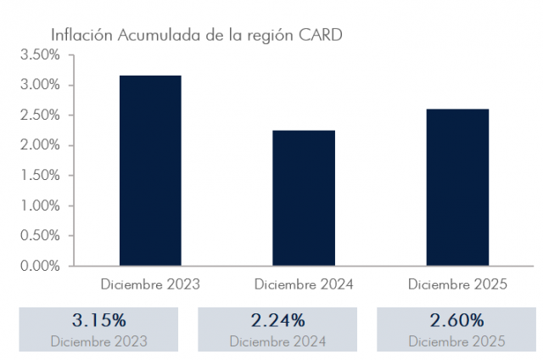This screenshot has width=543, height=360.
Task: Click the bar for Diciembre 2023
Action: tap(149, 170)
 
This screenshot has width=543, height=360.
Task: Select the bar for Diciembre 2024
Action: tap(304, 197)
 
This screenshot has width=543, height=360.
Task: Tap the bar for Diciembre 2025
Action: tap(457, 187)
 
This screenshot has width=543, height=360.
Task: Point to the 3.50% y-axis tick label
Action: tap(40, 55)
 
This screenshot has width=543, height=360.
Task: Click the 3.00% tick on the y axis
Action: tap(40, 85)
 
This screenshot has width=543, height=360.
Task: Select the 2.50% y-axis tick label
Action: tap(40, 115)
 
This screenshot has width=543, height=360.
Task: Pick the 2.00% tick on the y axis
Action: tap(40, 145)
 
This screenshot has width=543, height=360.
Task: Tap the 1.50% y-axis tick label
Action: tap(40, 176)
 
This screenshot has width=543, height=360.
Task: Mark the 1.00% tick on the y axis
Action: tap(40, 205)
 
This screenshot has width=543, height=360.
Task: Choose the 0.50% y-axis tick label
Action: tap(40, 236)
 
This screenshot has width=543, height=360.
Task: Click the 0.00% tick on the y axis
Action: tap(40, 266)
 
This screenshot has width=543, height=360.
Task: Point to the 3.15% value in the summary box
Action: tap(98, 321)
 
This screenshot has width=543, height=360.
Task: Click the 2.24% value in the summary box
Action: tap(277, 321)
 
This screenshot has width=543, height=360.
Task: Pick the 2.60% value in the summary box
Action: tap(456, 321)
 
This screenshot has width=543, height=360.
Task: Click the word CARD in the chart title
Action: tap(321, 36)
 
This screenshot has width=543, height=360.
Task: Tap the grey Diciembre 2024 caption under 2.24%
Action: tap(277, 341)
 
